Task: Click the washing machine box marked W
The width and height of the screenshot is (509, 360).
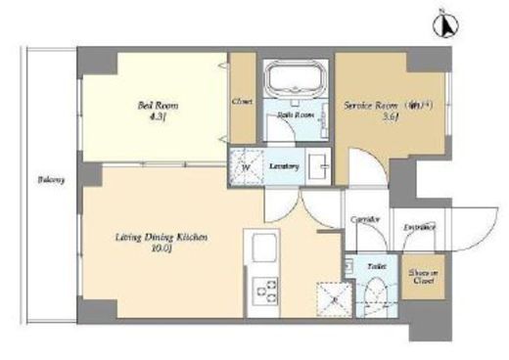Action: coord(245,165)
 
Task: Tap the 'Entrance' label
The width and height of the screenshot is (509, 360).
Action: coord(419,228)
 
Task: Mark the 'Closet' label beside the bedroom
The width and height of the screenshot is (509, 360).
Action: coord(242,101)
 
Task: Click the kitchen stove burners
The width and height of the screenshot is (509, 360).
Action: coord(265,291)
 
